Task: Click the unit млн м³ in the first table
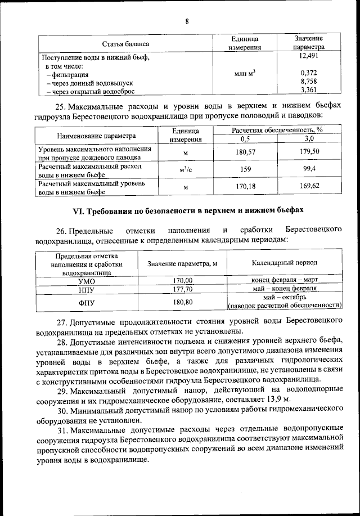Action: click(244, 73)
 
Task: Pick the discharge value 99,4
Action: click(309, 168)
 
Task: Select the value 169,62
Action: click(309, 187)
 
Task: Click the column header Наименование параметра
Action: click(96, 136)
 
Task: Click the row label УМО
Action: click(86, 280)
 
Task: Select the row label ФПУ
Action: click(86, 302)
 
